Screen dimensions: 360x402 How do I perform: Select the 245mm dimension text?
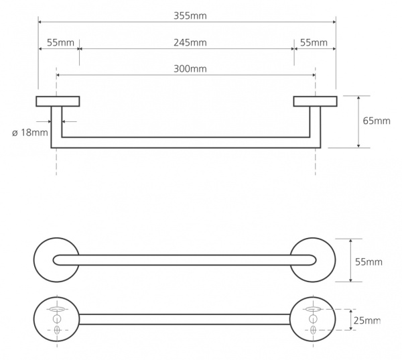(186, 43)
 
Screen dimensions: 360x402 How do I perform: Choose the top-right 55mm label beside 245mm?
(314, 43)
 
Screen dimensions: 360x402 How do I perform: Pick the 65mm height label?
(376, 121)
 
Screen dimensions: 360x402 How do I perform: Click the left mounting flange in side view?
(58, 101)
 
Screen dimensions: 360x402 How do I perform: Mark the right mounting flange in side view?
(315, 101)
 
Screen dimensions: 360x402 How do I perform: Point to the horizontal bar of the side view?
(186, 142)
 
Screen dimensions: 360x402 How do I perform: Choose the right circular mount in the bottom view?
(313, 319)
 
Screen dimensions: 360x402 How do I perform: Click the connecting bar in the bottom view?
(185, 319)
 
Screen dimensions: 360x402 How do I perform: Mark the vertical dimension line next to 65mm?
(360, 121)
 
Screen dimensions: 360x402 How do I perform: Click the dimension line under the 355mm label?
(186, 23)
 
